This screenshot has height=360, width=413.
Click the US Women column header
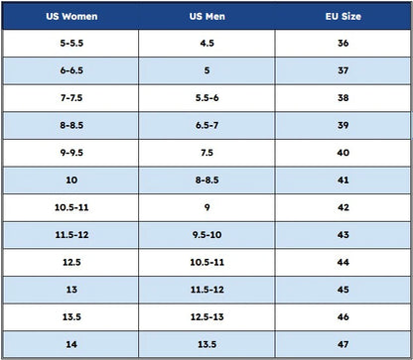pos(71,16)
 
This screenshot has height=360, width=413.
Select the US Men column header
pos(207,16)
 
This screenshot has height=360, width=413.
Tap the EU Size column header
pos(344,16)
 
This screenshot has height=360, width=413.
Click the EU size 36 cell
pos(344,43)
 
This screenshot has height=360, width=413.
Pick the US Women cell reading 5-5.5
pos(71,43)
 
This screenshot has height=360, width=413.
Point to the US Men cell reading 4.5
pos(207,43)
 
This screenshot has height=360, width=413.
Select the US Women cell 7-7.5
pos(71,98)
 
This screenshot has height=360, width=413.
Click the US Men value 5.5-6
pos(207,98)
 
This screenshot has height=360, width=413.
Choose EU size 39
pos(344,125)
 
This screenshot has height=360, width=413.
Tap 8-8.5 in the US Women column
pos(71,125)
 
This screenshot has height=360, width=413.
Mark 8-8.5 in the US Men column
pos(207,180)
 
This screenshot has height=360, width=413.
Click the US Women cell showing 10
pos(71,180)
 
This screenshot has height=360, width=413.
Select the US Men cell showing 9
pos(207,207)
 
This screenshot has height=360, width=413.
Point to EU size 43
pos(344,235)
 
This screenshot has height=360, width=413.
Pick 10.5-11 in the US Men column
pos(207,262)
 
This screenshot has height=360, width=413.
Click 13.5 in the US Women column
pos(71,317)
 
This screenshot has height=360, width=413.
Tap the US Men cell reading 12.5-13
pos(207,317)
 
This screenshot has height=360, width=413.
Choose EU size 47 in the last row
pos(344,344)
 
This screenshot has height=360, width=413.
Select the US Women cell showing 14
pos(71,344)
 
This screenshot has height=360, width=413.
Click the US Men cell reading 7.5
pos(207,153)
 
